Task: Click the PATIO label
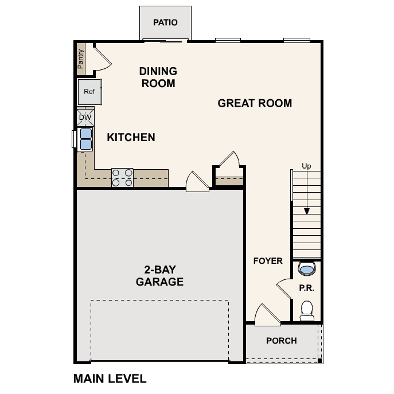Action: point(165,23)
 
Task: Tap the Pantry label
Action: point(81,58)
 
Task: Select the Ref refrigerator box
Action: point(89,92)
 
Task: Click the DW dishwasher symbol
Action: point(85,118)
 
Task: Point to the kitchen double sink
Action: point(85,138)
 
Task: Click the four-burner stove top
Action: point(122,177)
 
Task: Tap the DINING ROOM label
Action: point(158,77)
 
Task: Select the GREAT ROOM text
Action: point(255,103)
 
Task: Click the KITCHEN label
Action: point(131,137)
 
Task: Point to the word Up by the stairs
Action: point(307,166)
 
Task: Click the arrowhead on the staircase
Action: point(307,210)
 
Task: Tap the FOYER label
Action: point(268,261)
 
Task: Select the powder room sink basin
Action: point(307,268)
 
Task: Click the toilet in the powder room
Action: point(307,310)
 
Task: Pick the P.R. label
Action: point(307,288)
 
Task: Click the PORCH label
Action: point(282,341)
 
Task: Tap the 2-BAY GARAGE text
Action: point(159,275)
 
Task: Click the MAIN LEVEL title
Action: point(110,379)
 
